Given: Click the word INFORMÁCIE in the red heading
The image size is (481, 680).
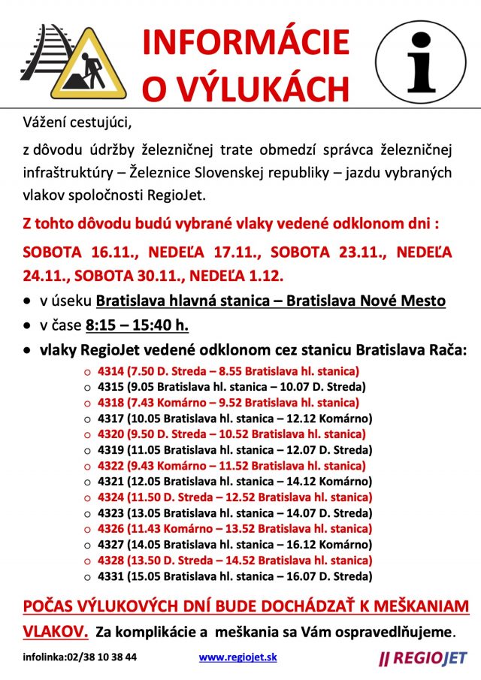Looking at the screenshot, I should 246,42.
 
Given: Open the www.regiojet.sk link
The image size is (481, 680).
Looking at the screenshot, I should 237,656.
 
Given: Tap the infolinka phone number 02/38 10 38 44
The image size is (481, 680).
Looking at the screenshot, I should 104,657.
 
